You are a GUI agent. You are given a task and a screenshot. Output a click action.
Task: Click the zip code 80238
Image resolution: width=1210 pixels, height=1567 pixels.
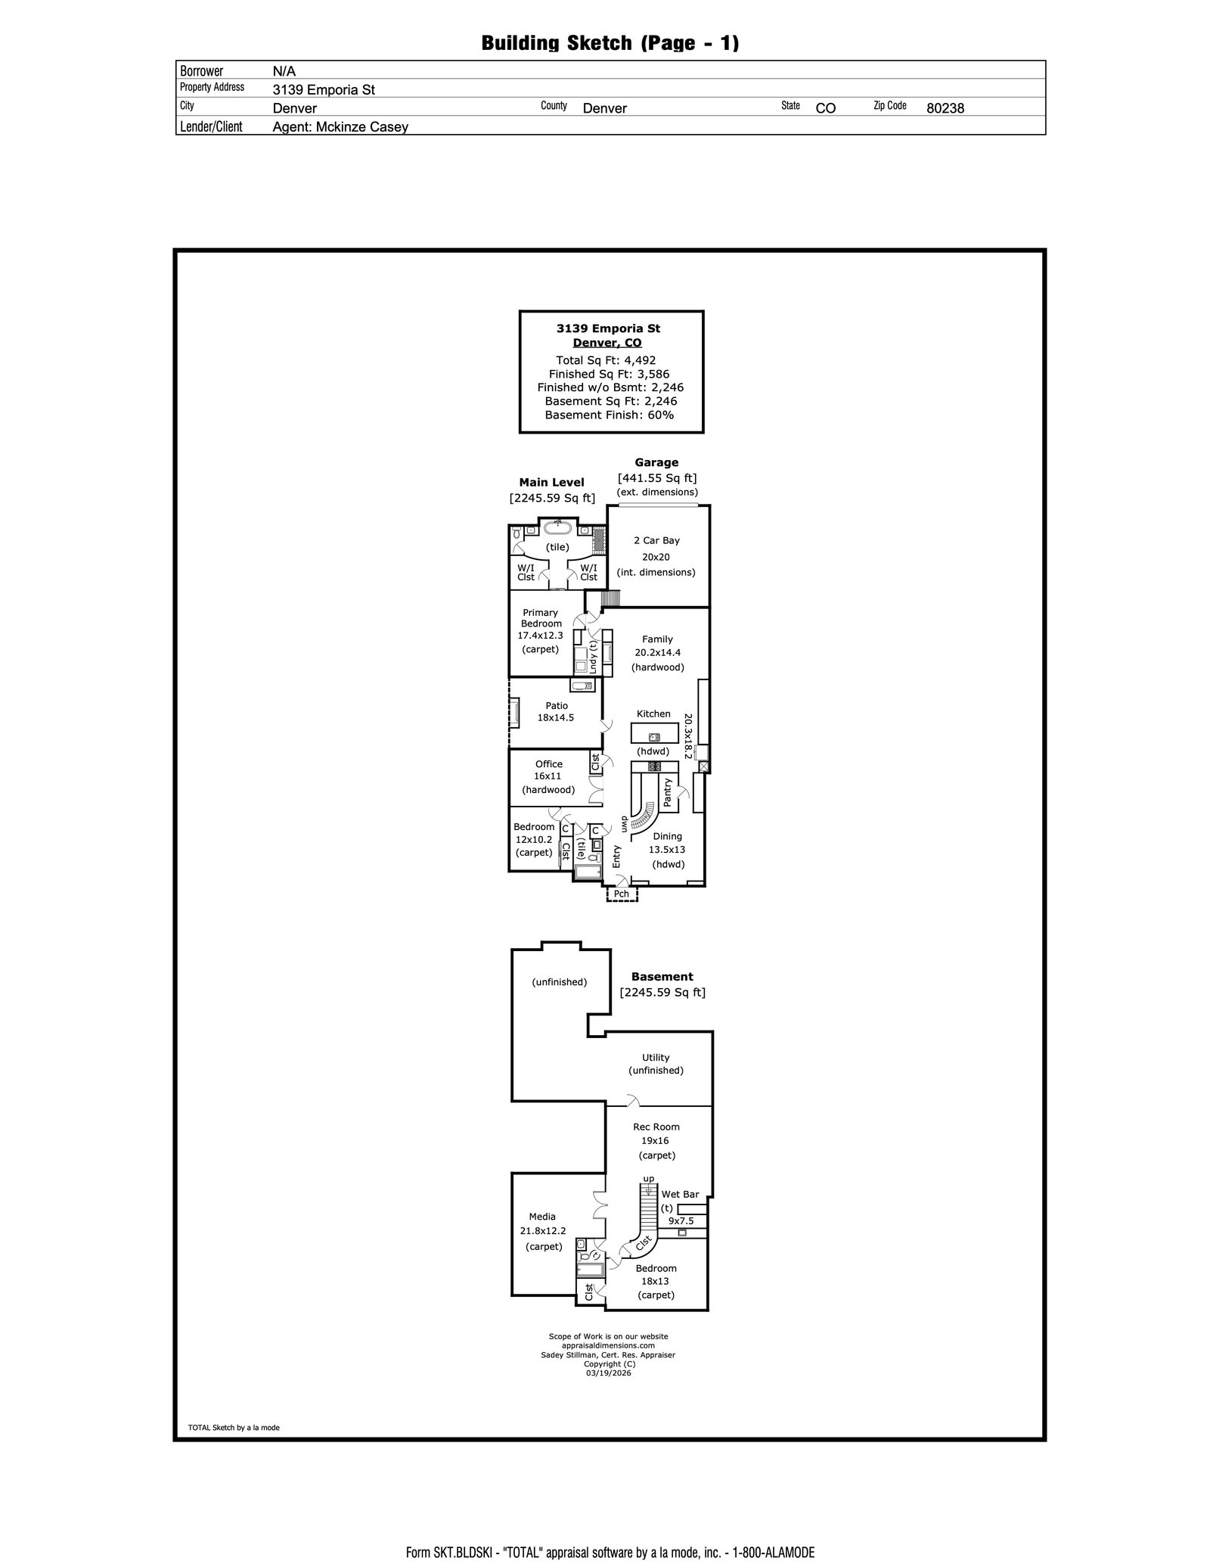coord(945,108)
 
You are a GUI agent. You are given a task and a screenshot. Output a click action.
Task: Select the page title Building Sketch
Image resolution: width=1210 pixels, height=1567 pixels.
coord(610,43)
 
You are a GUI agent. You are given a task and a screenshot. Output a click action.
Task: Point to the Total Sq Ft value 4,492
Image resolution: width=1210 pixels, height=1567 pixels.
coord(640,360)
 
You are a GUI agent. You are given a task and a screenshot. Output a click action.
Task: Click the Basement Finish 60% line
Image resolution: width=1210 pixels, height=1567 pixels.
coord(609,415)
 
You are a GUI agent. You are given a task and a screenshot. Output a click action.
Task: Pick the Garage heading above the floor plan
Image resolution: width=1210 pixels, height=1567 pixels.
coord(656,462)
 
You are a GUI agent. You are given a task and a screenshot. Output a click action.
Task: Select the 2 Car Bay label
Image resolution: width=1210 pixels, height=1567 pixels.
coord(656,540)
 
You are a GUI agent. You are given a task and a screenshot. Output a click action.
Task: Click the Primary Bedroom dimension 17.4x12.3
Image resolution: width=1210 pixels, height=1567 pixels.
coord(540,636)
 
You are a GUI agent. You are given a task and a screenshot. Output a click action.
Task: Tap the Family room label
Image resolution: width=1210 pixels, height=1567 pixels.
coord(657,639)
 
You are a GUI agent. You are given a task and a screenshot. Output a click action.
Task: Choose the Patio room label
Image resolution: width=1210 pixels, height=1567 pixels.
coord(556,705)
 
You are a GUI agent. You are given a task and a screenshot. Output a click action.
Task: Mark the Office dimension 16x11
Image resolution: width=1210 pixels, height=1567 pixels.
coord(548,776)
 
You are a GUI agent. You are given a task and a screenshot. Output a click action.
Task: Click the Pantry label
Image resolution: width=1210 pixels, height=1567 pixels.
coord(668,792)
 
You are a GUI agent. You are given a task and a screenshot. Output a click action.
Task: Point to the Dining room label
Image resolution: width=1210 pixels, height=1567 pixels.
coord(667,836)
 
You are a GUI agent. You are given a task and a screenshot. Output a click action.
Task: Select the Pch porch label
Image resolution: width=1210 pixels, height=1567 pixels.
coord(621,894)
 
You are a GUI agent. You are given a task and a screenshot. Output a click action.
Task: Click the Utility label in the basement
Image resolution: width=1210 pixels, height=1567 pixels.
coord(656,1058)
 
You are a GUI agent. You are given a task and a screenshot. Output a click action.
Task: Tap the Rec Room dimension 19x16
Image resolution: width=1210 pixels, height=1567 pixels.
coord(656,1141)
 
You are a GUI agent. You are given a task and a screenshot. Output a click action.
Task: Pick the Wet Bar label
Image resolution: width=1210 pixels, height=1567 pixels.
coord(680,1194)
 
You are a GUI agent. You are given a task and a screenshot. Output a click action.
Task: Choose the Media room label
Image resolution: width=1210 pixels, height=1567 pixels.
coord(542,1217)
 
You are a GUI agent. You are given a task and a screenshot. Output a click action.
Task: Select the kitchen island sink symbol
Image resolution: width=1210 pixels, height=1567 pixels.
coord(653,736)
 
